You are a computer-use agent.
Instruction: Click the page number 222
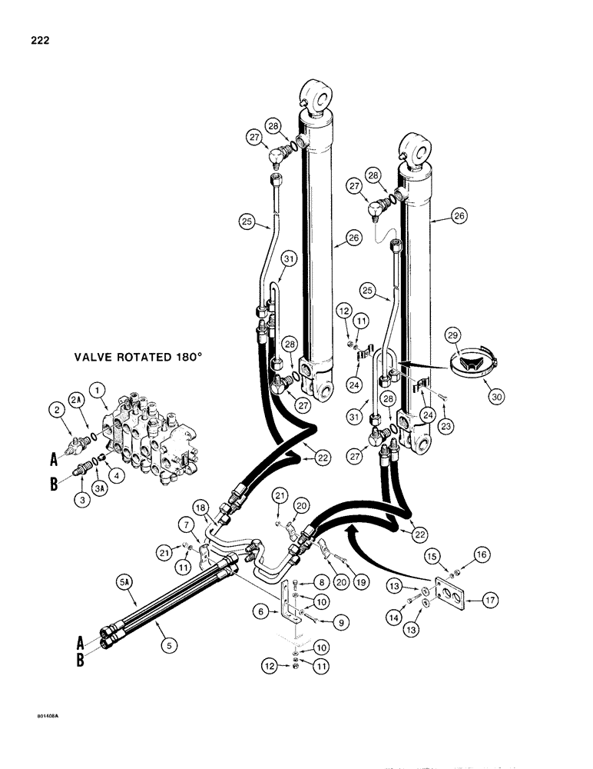coord(36,41)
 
